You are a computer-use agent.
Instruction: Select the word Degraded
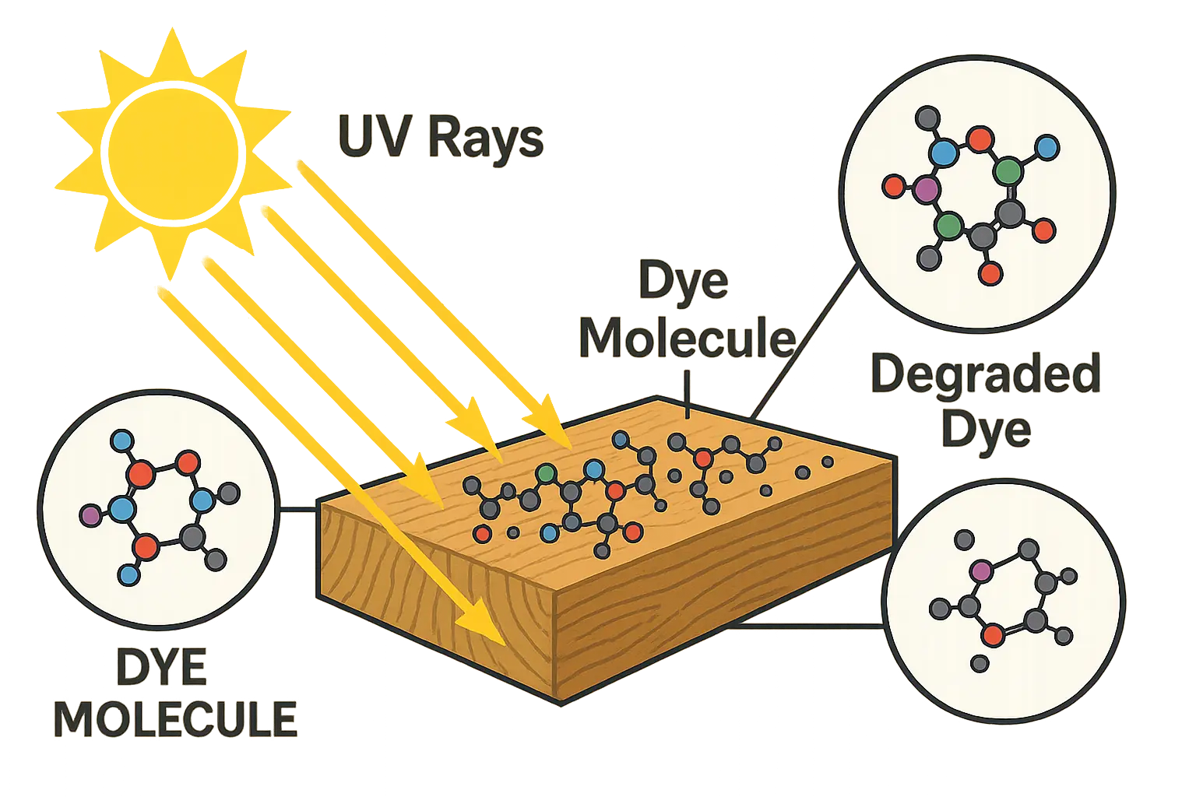(986, 374)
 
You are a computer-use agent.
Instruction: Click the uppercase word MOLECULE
(175, 720)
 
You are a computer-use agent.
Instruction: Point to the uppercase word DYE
(162, 668)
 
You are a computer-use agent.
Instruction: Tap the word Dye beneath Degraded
(986, 430)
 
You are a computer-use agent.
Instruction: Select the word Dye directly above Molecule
(684, 281)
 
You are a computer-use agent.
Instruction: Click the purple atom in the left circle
(90, 514)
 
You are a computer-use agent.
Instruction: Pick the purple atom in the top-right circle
(926, 188)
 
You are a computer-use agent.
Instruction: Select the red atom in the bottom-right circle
(992, 636)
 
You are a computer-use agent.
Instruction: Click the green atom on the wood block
(547, 472)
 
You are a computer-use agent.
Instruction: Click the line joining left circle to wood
(298, 511)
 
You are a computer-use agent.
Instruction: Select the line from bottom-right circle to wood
(810, 624)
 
